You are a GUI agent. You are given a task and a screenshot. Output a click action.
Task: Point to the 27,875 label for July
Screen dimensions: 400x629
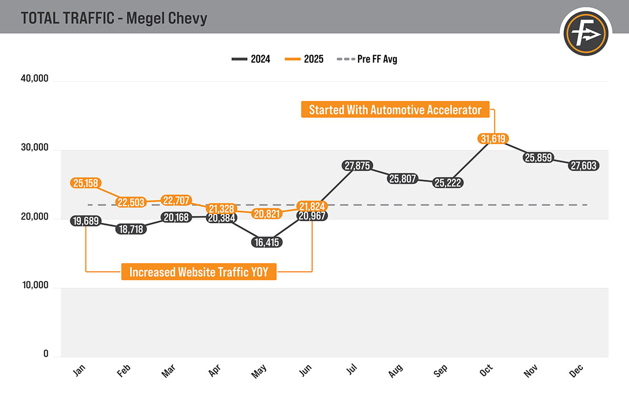[357, 166]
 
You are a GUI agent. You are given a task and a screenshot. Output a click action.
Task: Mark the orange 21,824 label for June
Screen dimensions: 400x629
[312, 205]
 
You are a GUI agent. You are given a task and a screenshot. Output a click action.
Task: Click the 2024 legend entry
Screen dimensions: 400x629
[251, 59]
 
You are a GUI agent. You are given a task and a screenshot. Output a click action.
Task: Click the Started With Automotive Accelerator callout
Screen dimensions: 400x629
[395, 110]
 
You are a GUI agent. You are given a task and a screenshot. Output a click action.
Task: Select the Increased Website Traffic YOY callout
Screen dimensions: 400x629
[199, 272]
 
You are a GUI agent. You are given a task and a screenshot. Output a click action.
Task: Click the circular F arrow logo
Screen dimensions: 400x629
[587, 34]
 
